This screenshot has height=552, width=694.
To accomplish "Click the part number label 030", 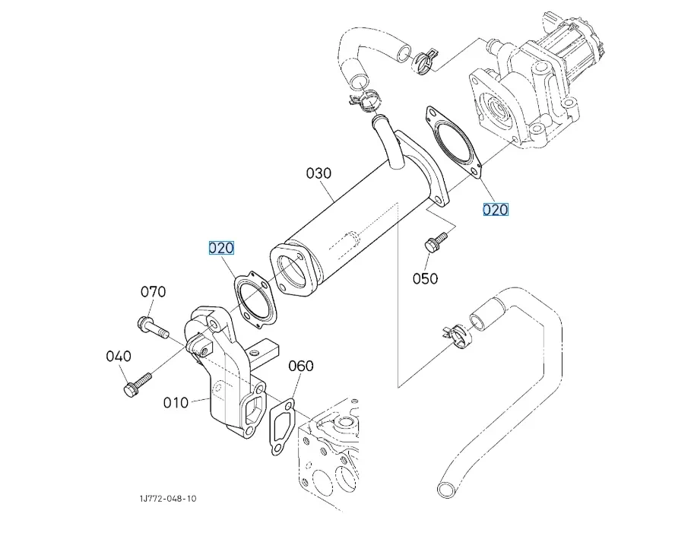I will pos(319,173).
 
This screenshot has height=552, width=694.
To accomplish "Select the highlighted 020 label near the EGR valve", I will pos(496,210).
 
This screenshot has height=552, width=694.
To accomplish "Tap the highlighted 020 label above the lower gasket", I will pos(222,248).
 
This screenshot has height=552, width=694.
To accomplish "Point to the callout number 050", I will pos(425,278).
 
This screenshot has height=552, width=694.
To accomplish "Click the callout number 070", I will pos(153,292).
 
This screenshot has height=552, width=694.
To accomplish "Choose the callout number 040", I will pos(119,356).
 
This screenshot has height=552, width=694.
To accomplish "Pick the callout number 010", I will pos(176,402).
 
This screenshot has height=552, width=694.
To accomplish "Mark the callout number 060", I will pos(300,366).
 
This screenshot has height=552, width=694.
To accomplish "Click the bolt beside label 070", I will pos(153,328).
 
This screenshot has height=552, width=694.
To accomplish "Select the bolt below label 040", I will pos(137,384).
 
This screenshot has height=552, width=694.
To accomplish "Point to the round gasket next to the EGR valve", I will pos(454,144).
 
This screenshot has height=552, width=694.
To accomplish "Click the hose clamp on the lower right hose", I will pos(454,335).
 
